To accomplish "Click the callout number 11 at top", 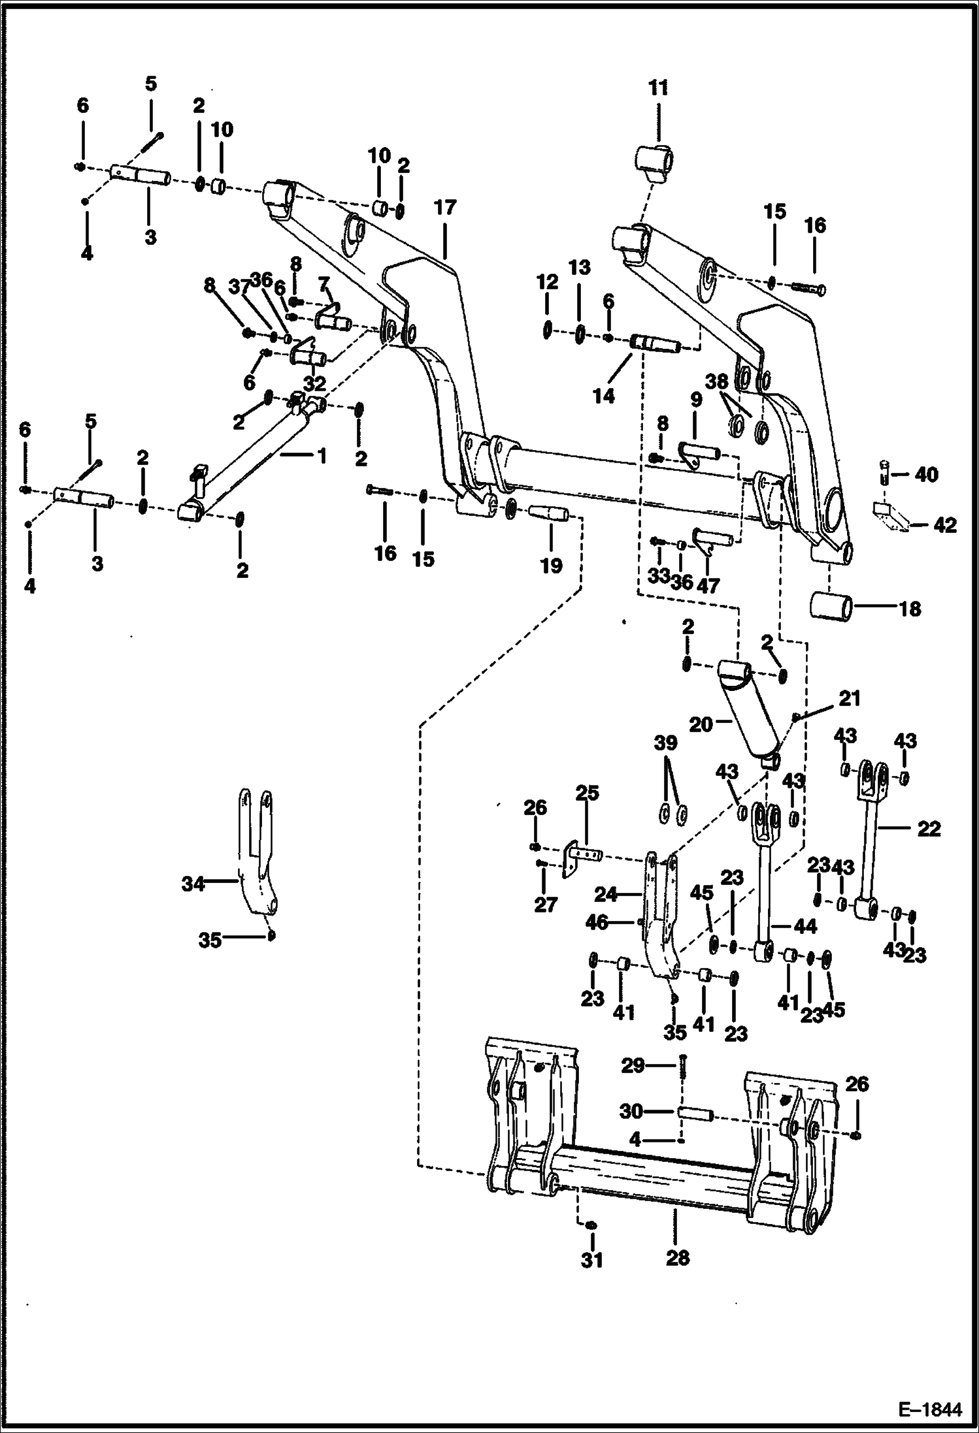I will point(658,88).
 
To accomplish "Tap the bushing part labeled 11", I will point(655,161).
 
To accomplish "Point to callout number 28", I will point(678,1257).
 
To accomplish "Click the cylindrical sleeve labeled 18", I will point(831,607).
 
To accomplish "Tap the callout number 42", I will point(945,524).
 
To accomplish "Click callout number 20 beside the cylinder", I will point(701,724).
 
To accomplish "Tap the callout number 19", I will point(551,565).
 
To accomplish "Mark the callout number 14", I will point(604,395).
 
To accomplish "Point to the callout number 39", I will point(666,743).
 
